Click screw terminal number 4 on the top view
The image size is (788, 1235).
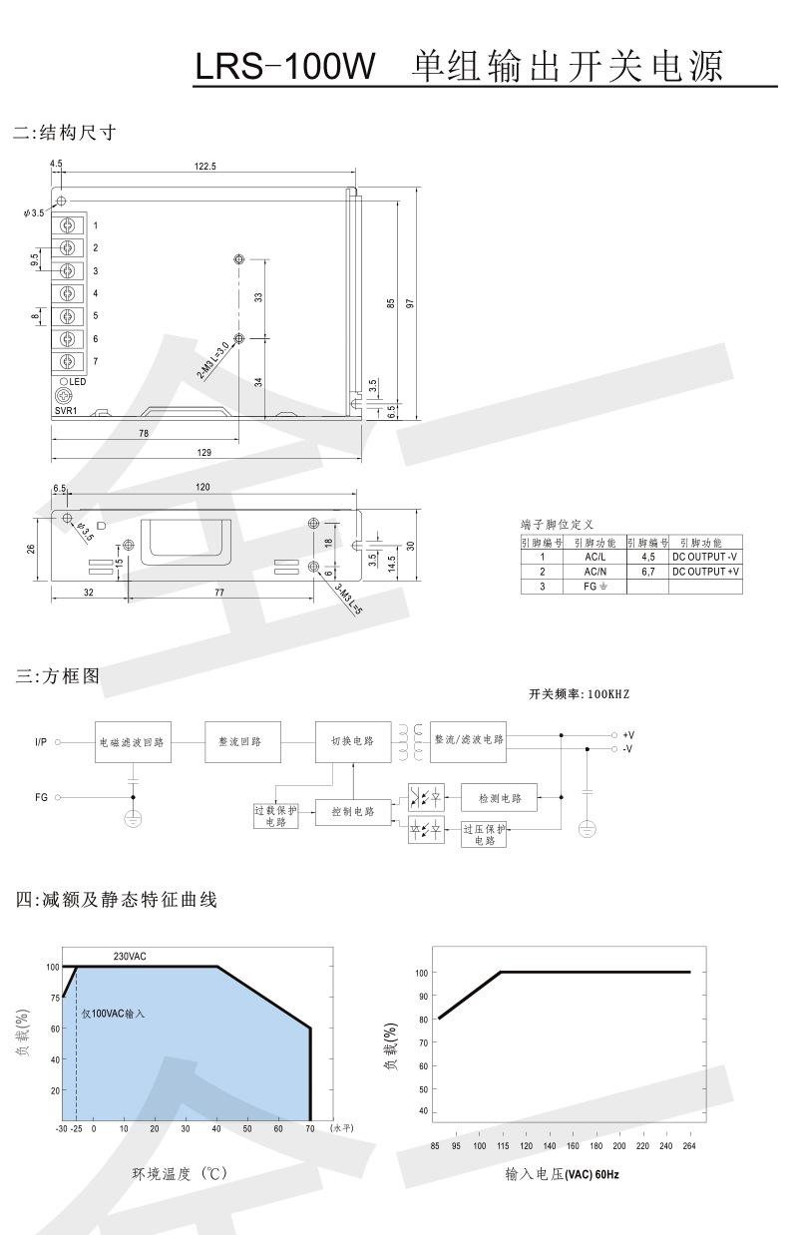(68, 293)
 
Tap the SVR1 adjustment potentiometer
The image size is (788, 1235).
(65, 395)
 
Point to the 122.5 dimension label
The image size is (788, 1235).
(205, 167)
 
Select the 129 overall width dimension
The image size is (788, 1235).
(204, 453)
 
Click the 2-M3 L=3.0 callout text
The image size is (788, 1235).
(212, 360)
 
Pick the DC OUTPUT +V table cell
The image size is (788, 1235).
(705, 572)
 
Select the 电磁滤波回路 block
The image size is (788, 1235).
(132, 742)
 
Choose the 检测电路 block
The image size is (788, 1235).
(499, 798)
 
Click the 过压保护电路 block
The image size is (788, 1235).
(485, 835)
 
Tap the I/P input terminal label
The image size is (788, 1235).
(41, 742)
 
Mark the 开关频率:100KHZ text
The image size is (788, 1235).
(580, 693)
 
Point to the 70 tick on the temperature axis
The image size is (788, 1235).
(310, 1128)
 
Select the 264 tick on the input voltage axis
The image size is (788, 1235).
(688, 1146)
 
